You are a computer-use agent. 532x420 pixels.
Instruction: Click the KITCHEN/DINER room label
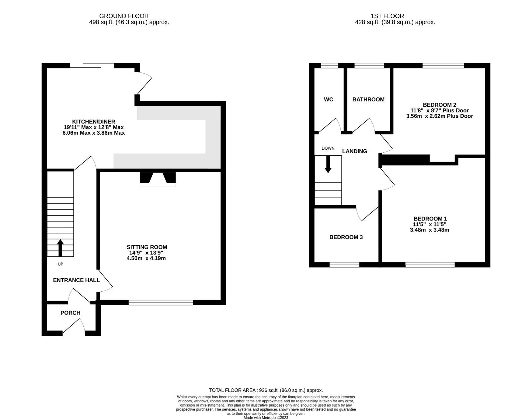pyautogui.click(x=93, y=122)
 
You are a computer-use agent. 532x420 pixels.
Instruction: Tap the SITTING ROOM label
pyautogui.click(x=147, y=247)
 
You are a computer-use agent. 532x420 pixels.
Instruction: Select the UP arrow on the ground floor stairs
pyautogui.click(x=60, y=248)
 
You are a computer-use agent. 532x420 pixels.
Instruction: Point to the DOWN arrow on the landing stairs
pyautogui.click(x=328, y=164)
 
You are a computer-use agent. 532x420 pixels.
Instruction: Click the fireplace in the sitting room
pyautogui.click(x=158, y=179)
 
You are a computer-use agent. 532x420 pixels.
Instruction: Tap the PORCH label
pyautogui.click(x=70, y=313)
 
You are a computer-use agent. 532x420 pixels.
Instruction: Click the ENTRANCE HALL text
pyautogui.click(x=76, y=280)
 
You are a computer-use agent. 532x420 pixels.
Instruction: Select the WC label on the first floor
pyautogui.click(x=328, y=99)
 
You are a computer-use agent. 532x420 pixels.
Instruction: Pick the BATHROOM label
pyautogui.click(x=368, y=99)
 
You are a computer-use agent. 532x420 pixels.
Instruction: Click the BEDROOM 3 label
pyautogui.click(x=346, y=237)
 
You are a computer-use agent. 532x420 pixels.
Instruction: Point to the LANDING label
pyautogui.click(x=354, y=151)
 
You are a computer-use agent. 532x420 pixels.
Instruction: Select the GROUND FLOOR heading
pyautogui.click(x=124, y=16)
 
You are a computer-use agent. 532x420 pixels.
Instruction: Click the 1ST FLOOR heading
pyautogui.click(x=387, y=16)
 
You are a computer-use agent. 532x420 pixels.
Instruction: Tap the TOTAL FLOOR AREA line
pyautogui.click(x=266, y=390)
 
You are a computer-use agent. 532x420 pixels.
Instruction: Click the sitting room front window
pyautogui.click(x=161, y=302)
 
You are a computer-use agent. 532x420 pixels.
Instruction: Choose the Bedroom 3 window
pyautogui.click(x=344, y=265)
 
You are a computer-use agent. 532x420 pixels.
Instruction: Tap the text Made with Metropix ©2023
pyautogui.click(x=266, y=418)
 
